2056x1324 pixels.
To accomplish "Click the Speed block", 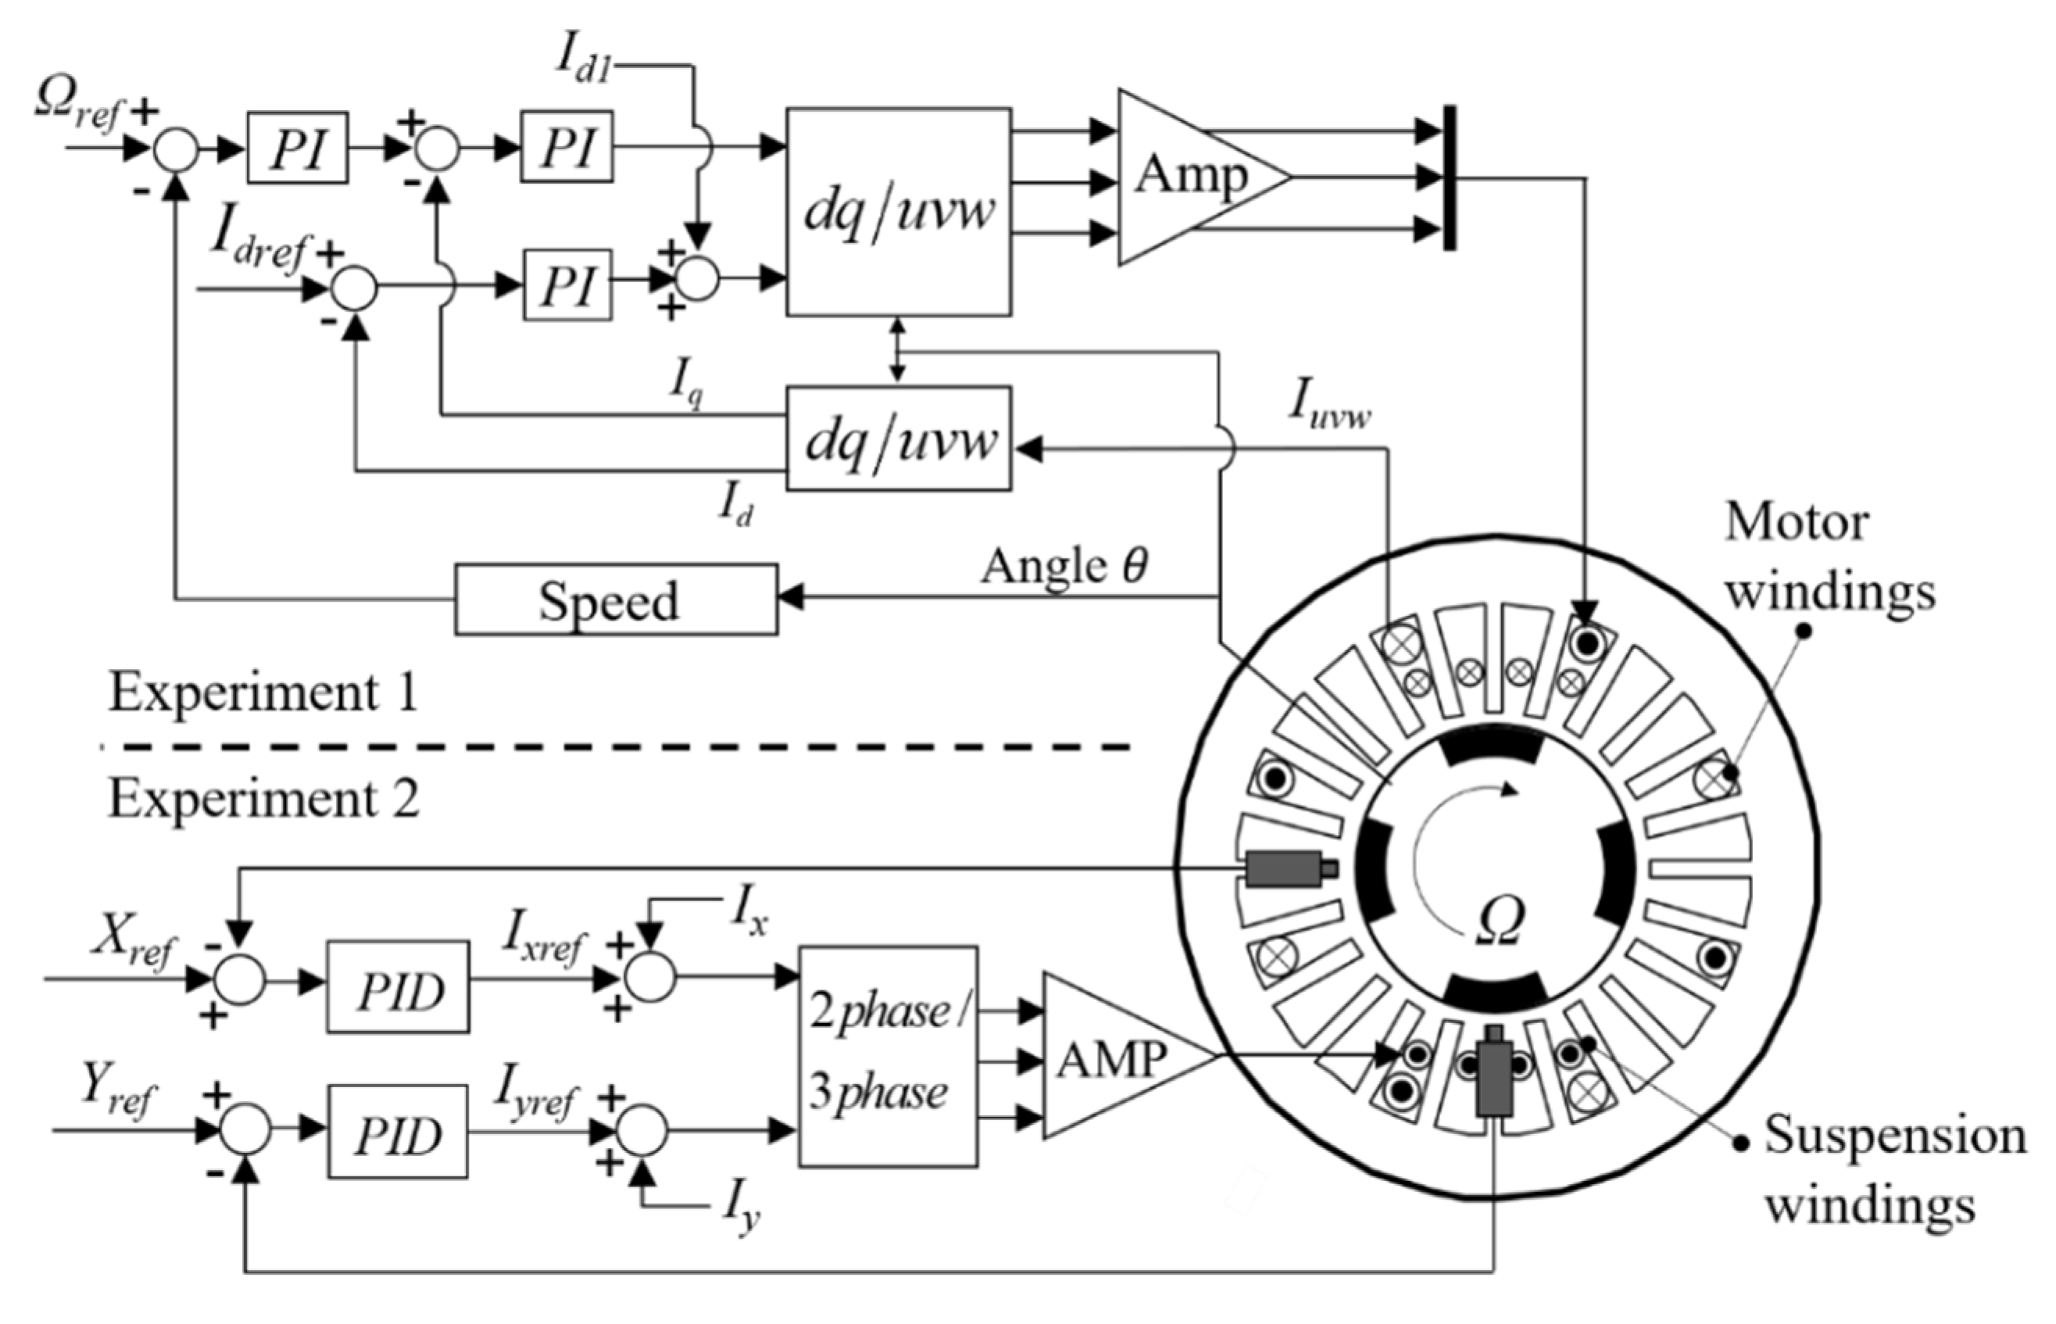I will coord(616,599).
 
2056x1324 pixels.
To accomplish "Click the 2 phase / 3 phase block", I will coord(887,1056).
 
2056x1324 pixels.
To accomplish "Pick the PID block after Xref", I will coord(398,987).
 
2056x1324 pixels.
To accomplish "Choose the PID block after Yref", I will coord(397,1130).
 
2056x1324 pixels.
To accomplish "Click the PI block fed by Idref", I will coord(567,284).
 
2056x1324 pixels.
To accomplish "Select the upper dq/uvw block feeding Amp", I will coord(898,212).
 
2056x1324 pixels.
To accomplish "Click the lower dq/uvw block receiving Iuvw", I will coord(898,438).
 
